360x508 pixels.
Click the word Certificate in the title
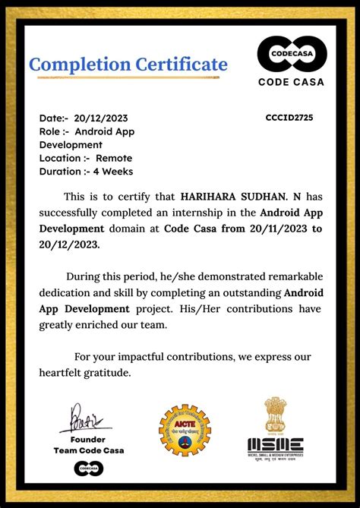pos(177,65)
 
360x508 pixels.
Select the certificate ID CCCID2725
pos(289,118)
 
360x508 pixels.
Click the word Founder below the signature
pos(88,440)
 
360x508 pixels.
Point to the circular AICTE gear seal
pos(185,430)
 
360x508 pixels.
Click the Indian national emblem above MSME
pos(276,415)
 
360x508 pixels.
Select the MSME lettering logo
pos(275,445)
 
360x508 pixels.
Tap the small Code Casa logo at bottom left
pos(89,469)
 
